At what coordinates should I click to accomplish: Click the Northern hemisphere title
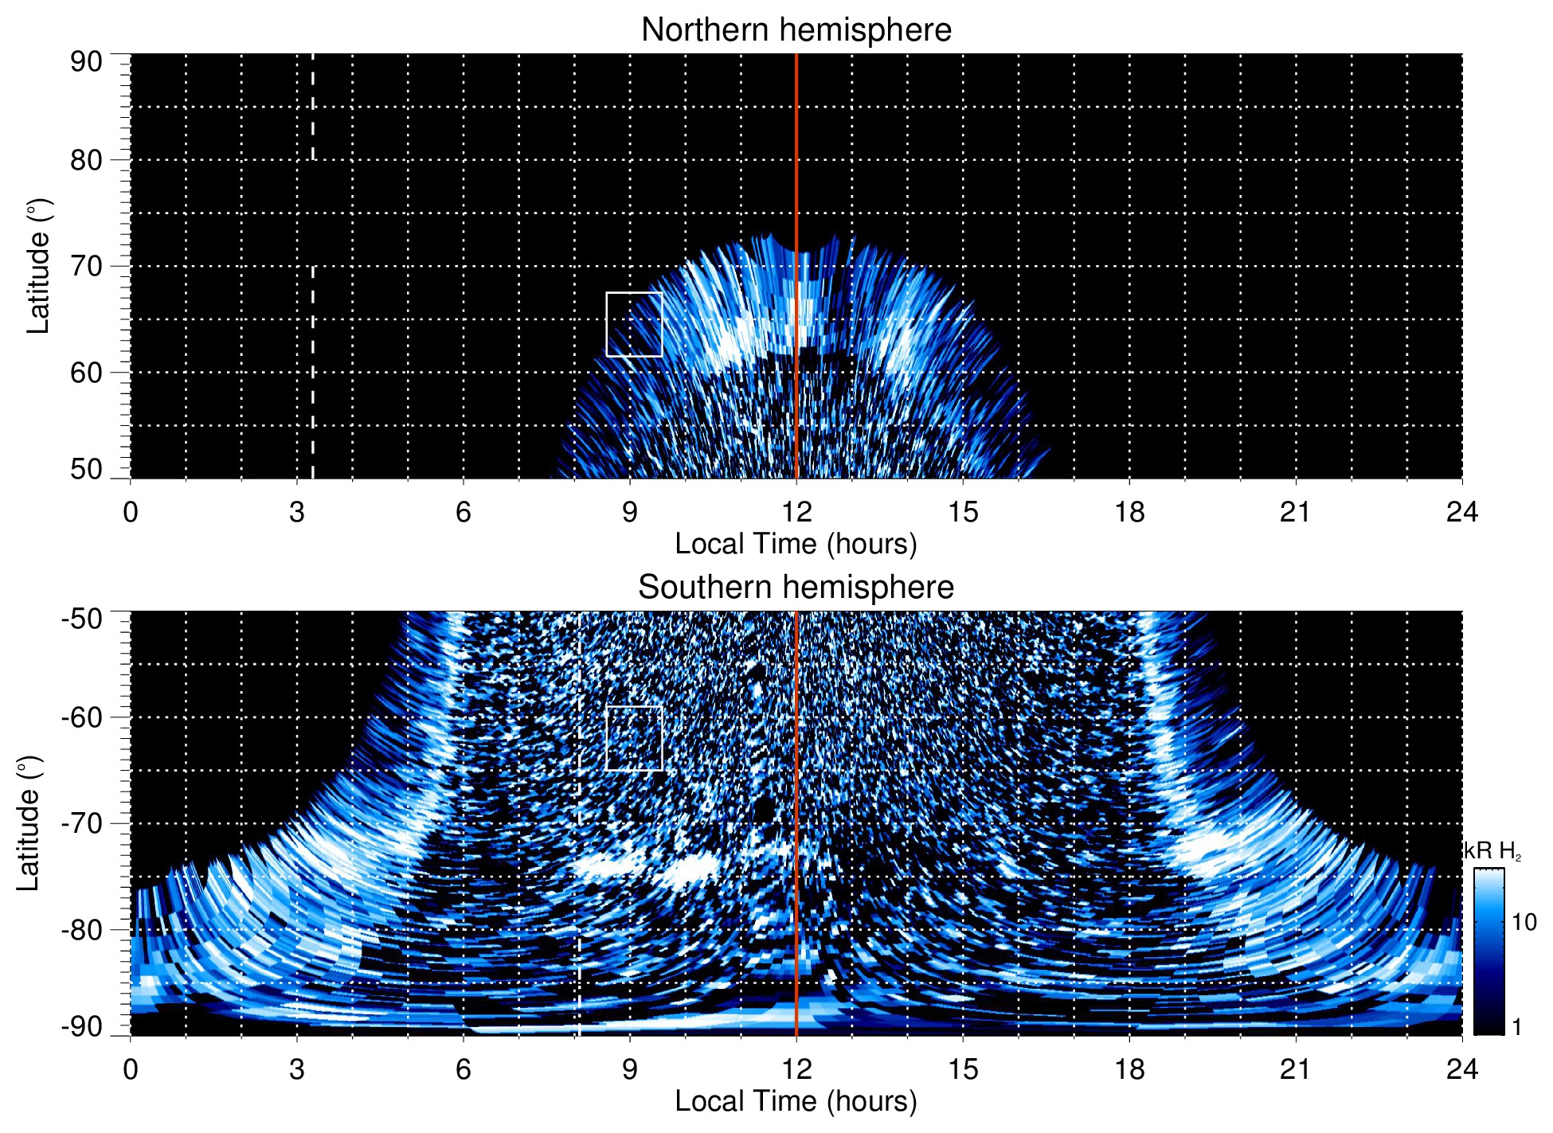796,30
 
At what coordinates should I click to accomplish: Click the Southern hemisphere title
796,588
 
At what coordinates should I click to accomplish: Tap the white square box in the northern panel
634,324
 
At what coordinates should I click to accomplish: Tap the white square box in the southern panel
634,738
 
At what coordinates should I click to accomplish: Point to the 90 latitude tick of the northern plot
86,62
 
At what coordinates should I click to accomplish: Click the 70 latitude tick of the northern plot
86,267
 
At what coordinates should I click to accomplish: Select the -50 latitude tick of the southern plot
82,619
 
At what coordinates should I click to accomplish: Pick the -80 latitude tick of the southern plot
82,930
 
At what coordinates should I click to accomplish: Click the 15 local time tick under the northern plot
963,512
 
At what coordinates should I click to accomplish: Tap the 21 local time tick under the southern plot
1296,1069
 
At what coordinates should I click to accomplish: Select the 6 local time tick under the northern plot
464,512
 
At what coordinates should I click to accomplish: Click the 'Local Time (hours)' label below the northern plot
796,545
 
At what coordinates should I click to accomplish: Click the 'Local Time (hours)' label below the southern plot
796,1102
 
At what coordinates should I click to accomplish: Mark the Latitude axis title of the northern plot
38,266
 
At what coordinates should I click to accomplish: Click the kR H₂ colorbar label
1492,851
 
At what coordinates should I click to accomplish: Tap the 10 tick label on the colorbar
1524,923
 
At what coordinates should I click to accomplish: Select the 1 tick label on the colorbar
1516,1027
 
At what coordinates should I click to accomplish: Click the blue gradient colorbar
1488,951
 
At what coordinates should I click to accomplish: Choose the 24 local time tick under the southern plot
1461,1069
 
